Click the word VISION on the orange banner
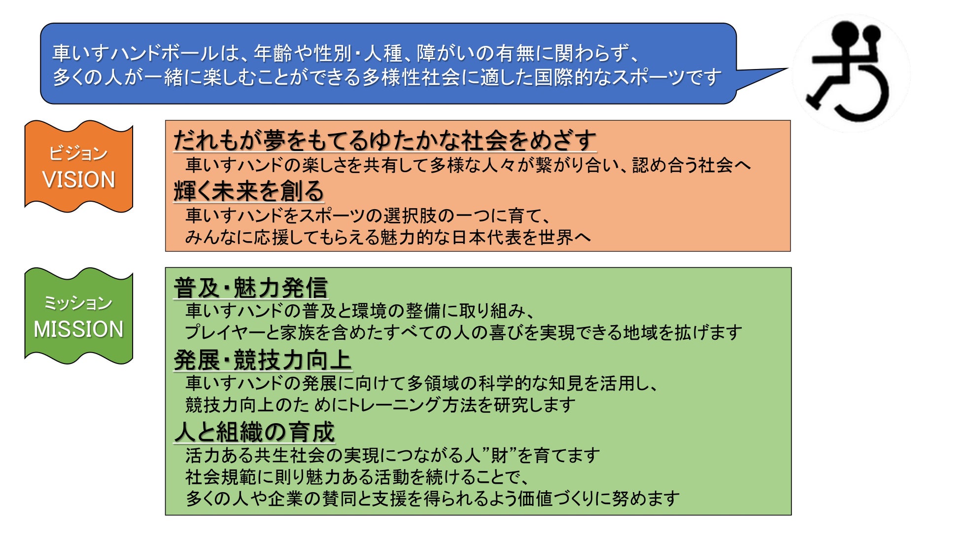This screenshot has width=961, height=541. pyautogui.click(x=79, y=180)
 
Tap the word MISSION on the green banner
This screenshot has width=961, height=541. pyautogui.click(x=79, y=329)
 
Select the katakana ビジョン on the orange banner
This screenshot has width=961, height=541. pyautogui.click(x=78, y=153)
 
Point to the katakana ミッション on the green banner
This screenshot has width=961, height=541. pyautogui.click(x=78, y=302)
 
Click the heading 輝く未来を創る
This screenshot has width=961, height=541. pyautogui.click(x=248, y=191)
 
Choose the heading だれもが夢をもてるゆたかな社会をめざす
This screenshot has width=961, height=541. pyautogui.click(x=384, y=141)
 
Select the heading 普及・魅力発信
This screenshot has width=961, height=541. pyautogui.click(x=251, y=288)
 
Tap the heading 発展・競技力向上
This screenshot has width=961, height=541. pyautogui.click(x=262, y=360)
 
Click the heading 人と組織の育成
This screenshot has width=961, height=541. pyautogui.click(x=254, y=432)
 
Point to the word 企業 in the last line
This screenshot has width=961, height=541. pyautogui.click(x=286, y=499)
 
